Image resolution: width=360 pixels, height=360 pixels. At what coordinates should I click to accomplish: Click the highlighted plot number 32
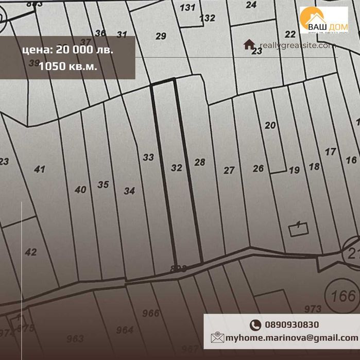pos(177,168)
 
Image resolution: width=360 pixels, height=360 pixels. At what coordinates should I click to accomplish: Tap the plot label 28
pos(200,162)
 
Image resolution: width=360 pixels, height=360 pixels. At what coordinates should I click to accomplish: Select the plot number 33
pos(148,157)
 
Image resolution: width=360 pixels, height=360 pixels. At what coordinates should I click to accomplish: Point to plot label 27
pos(229,170)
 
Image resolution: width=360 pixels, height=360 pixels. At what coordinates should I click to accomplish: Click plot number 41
pos(39,169)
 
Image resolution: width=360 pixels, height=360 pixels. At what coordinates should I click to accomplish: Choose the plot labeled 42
pos(31,252)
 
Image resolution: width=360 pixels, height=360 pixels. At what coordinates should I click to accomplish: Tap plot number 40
pos(80,190)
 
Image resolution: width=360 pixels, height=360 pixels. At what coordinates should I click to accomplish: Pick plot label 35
pos(103,184)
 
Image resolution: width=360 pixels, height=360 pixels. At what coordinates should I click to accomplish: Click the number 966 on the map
pos(151,313)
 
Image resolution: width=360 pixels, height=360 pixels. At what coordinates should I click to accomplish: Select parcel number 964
pos(125,330)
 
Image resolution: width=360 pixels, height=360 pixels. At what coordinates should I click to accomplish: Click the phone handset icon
pos(255,325)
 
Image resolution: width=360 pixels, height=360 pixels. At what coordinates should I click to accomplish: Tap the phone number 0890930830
pos(292,325)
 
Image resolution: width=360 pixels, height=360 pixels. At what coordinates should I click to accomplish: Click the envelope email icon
pos(217,338)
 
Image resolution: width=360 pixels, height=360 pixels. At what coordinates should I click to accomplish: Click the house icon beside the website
pos(249,44)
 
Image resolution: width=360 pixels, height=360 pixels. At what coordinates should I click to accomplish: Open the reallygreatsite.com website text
pos(298,45)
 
